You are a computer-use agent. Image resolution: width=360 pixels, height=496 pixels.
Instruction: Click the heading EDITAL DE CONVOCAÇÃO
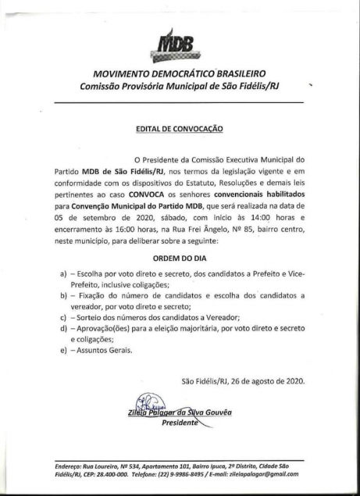click(x=179, y=126)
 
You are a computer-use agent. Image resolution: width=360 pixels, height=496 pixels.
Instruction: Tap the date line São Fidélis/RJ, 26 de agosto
click(x=242, y=380)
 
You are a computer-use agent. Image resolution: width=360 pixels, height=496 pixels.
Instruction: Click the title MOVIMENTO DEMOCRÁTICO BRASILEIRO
click(x=179, y=74)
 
